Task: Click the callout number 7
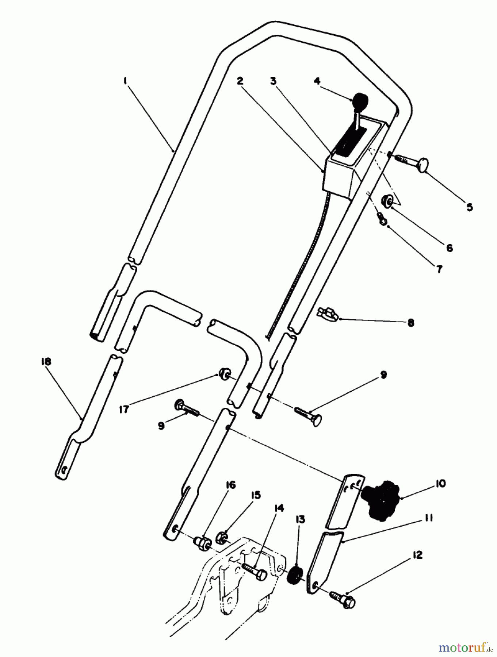click(439, 269)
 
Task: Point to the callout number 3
click(274, 81)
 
